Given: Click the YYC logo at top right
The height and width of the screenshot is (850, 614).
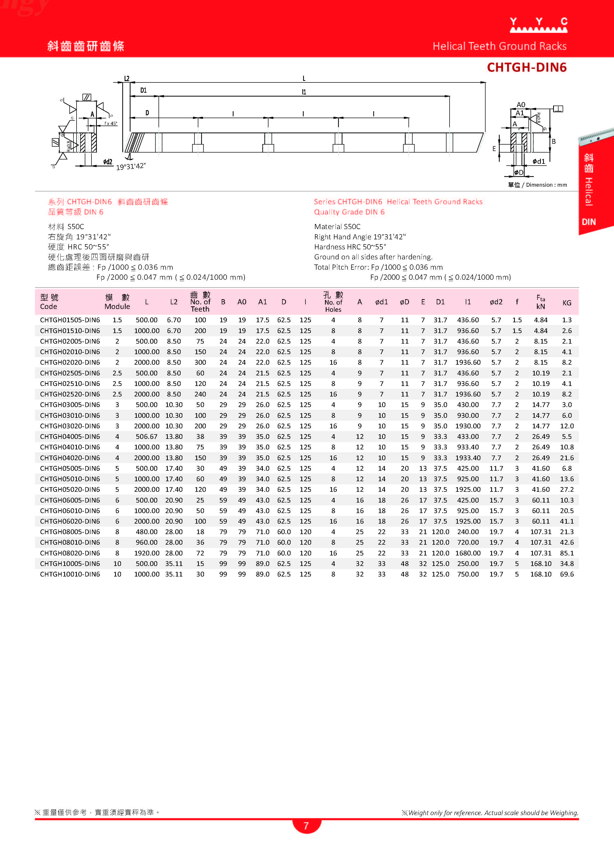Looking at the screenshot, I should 539,25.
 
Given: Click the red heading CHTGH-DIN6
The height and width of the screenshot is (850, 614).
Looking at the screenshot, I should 526,68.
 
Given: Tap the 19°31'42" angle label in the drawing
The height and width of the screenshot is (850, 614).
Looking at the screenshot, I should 131,166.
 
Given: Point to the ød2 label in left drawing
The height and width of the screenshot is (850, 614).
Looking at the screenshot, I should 108,162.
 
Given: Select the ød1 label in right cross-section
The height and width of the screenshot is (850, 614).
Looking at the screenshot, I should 539,162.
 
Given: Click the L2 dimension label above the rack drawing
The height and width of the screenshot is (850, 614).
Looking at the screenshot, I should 127,79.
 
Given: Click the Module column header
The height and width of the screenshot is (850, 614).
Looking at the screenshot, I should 117,302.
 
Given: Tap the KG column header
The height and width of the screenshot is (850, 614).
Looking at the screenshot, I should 566,303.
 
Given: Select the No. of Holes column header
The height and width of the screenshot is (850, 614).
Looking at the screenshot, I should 333,302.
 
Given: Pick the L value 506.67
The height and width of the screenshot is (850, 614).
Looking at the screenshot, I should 147,437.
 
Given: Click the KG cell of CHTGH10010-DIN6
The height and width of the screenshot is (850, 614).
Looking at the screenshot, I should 566,574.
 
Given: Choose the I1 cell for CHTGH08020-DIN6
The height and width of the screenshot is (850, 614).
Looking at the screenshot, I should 467,553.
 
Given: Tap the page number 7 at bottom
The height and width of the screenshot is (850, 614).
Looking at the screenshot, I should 306,826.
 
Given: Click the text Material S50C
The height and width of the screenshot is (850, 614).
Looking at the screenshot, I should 337,227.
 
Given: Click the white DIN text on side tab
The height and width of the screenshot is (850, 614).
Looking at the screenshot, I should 589,222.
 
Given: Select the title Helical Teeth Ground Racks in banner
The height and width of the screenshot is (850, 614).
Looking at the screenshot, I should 499,46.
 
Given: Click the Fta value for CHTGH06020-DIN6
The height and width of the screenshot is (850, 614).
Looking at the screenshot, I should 541,521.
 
